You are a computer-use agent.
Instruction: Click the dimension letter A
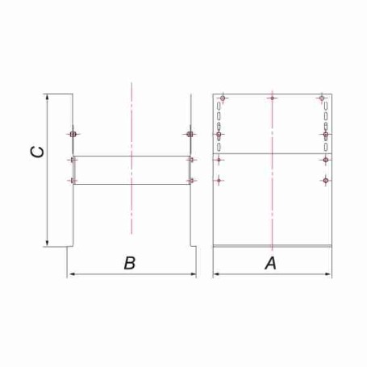click(x=270, y=263)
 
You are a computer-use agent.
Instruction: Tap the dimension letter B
click(x=130, y=263)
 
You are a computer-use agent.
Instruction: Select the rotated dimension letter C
click(x=37, y=152)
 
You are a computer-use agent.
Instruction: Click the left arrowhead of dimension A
click(x=216, y=274)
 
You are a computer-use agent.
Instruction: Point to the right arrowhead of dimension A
click(x=328, y=274)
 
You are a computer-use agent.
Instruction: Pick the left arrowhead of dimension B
click(x=70, y=274)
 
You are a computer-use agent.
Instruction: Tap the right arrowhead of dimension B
click(x=193, y=274)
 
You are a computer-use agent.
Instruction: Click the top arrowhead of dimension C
click(x=48, y=98)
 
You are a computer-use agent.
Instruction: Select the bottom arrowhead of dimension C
click(x=48, y=243)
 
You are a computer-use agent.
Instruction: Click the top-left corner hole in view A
click(x=223, y=98)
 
